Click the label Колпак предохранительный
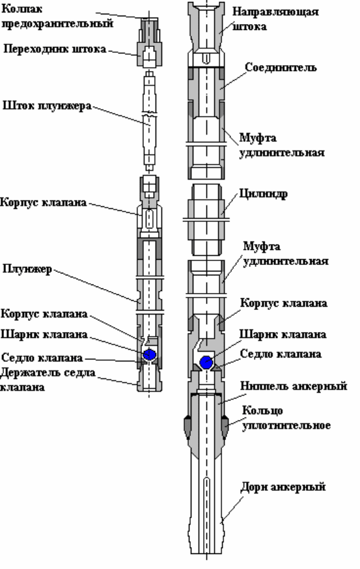click(57, 16)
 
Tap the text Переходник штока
click(55, 49)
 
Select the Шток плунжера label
click(47, 105)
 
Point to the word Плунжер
click(27, 269)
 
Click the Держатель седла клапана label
click(48, 380)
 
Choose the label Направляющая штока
click(275, 19)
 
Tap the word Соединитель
click(281, 67)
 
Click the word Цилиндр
click(263, 194)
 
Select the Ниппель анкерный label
click(294, 386)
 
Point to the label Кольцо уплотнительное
click(286, 418)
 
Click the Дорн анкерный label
click(283, 486)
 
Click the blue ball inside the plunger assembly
click(150, 355)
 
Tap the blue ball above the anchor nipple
click(206, 362)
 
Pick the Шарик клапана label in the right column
click(283, 334)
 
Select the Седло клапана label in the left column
click(42, 358)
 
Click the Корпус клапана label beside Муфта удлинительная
click(283, 303)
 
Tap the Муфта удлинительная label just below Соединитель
click(282, 145)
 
